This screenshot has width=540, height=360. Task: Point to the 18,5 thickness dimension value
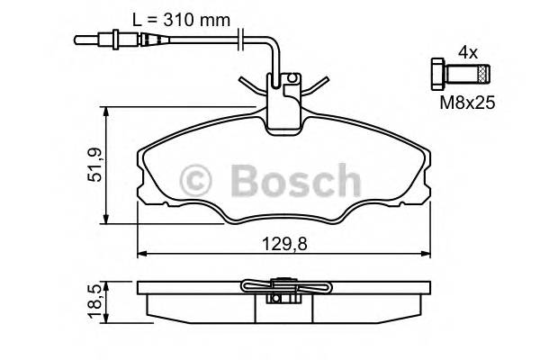click(94, 299)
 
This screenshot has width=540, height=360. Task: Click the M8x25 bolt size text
click(467, 104)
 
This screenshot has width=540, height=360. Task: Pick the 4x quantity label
click(467, 53)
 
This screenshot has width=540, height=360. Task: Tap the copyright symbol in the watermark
click(198, 181)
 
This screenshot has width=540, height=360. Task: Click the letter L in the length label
click(136, 15)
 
